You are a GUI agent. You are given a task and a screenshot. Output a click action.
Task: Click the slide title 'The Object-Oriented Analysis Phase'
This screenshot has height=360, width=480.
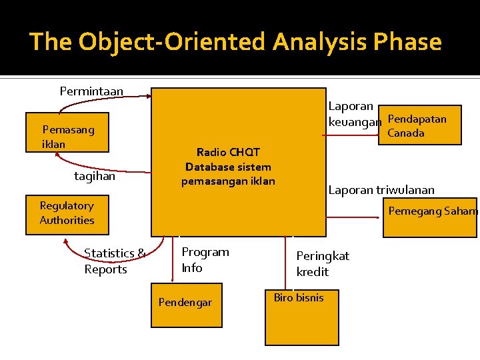(x=235, y=42)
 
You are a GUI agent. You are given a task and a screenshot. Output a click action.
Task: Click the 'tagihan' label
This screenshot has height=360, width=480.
(x=95, y=176)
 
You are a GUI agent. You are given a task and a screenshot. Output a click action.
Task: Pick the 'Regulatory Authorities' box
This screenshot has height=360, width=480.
(x=67, y=214)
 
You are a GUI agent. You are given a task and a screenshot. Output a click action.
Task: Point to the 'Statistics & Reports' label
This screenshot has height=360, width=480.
(x=115, y=261)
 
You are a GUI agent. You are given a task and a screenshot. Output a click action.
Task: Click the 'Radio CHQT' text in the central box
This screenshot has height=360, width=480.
(x=228, y=152)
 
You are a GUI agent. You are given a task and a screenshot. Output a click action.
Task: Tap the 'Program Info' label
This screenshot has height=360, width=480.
(x=205, y=259)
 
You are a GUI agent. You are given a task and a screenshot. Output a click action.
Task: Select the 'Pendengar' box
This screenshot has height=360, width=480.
(x=186, y=304)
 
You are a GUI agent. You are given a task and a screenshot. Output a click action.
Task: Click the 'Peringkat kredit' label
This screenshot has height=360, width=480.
(x=323, y=263)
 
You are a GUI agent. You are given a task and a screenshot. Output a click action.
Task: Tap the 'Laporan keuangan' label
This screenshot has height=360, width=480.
(x=354, y=114)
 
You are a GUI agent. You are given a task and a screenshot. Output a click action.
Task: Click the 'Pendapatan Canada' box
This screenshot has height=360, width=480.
(x=424, y=125)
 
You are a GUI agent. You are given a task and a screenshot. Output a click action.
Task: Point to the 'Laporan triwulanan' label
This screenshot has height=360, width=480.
(x=381, y=190)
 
